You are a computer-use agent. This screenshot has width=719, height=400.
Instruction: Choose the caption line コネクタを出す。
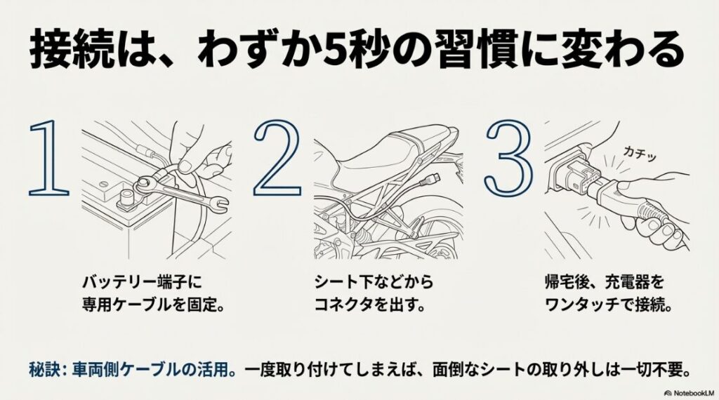(369, 307)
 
